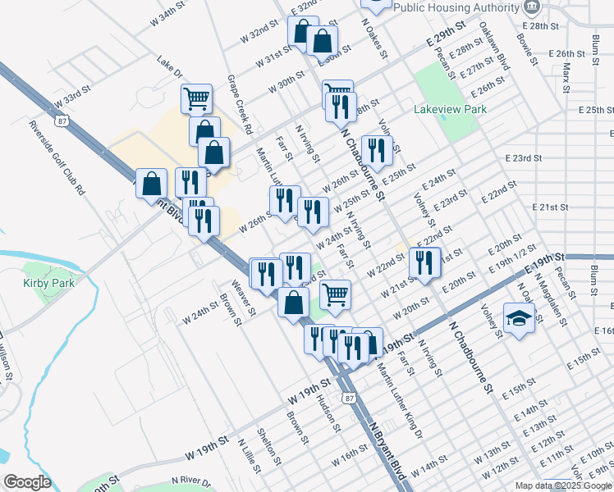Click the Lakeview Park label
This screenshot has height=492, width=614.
point(450,109)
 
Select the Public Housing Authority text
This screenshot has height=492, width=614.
point(456,7)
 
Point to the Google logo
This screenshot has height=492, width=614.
point(26,482)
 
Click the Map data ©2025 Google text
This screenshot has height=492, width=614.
point(563,485)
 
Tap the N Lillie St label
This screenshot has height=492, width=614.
point(249,456)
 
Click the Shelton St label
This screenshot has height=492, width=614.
point(269,445)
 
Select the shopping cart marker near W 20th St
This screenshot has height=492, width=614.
point(335,294)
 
